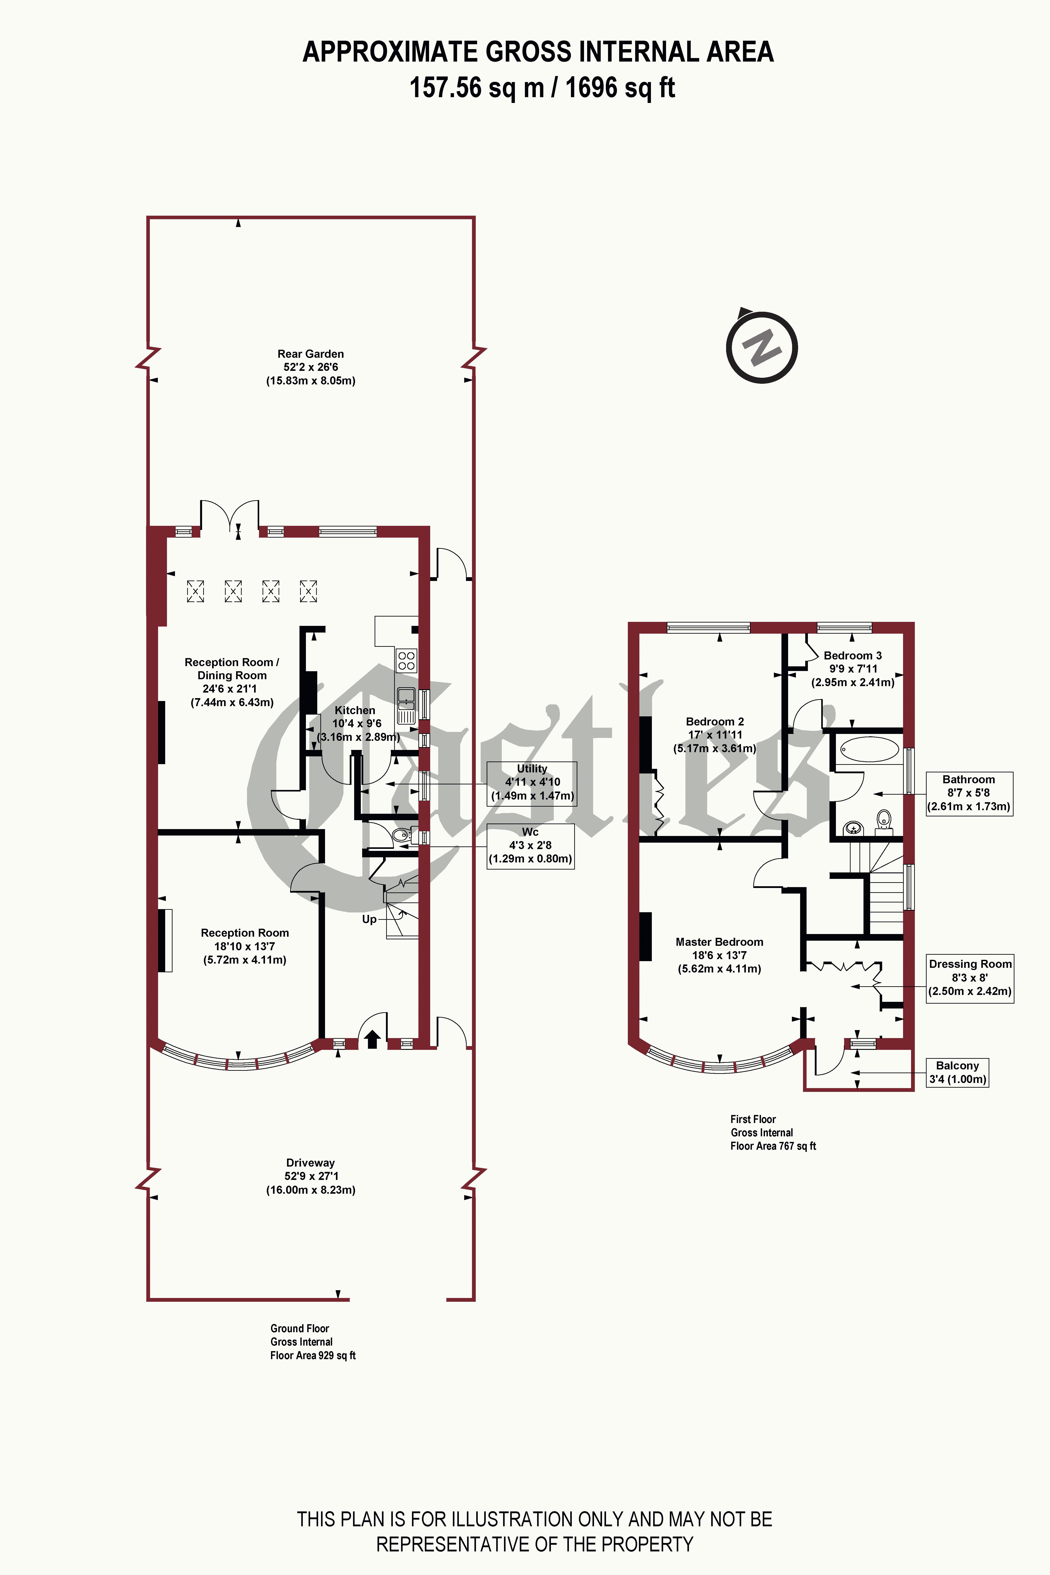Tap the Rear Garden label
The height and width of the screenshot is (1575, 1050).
pos(311,354)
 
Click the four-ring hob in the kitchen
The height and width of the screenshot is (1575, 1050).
pos(406,660)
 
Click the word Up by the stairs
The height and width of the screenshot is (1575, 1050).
pos(369,919)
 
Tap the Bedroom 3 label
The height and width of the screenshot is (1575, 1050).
pos(852,656)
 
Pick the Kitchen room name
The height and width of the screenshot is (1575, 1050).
pos(355,710)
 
